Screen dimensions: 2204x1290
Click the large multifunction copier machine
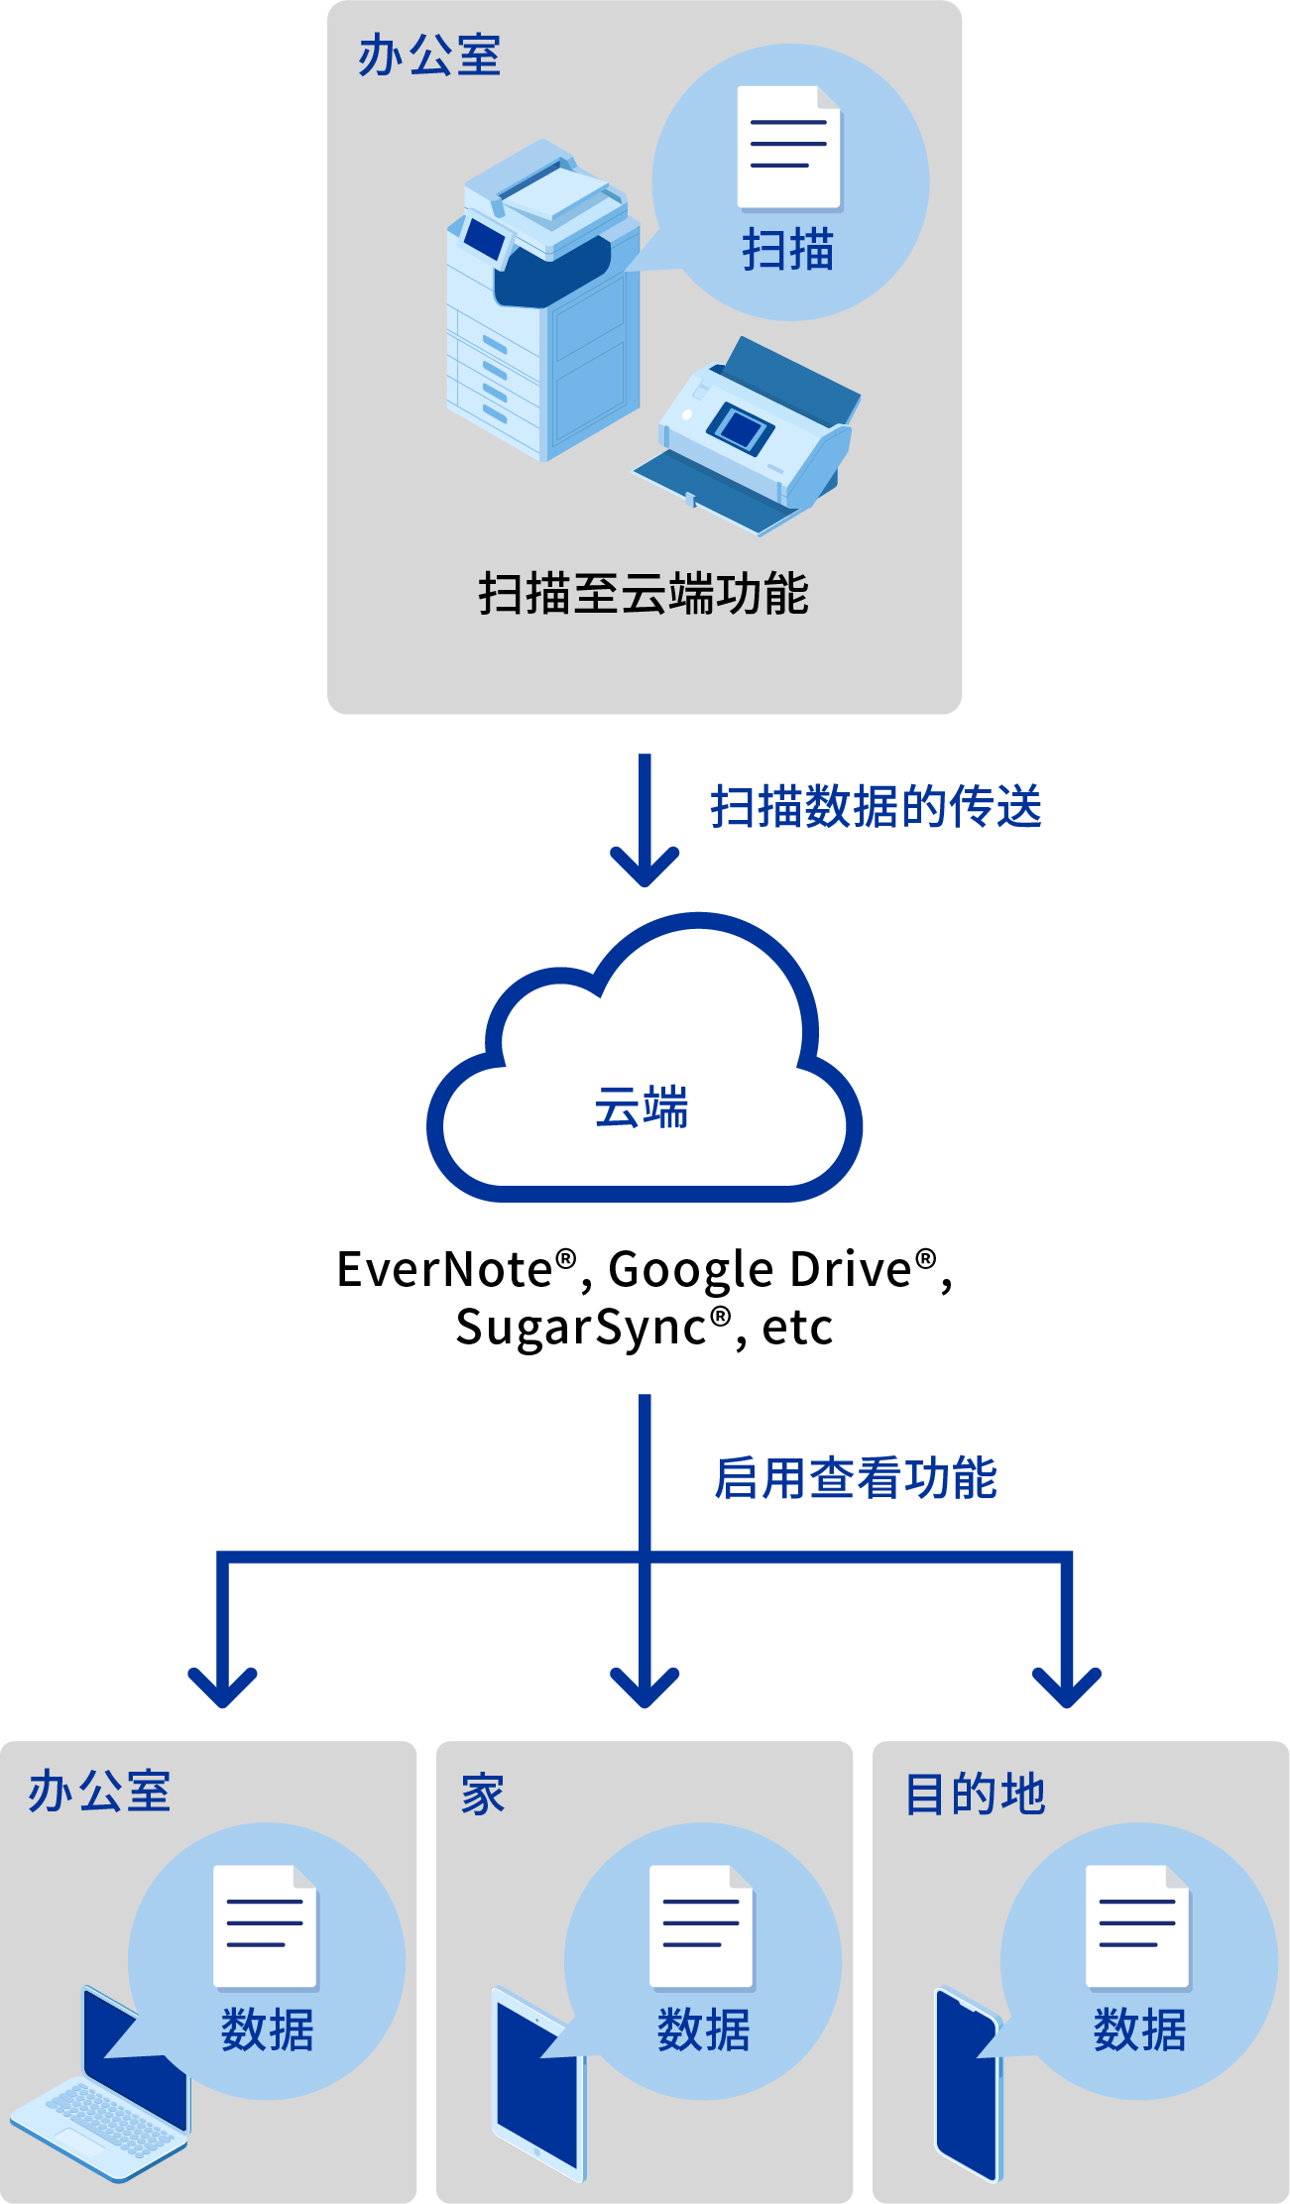click(x=540, y=307)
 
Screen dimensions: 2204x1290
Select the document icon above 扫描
click(x=789, y=148)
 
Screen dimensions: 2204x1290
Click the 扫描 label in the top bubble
click(x=788, y=249)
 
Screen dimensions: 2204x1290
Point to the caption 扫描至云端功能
click(x=644, y=594)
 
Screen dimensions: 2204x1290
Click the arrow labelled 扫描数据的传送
click(x=645, y=823)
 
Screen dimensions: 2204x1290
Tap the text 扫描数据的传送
click(x=877, y=806)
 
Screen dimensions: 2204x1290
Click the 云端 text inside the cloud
click(x=642, y=1107)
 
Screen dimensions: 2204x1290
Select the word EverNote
click(x=444, y=1270)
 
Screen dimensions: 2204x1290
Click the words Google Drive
click(x=760, y=1270)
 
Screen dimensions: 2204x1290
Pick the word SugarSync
click(x=581, y=1328)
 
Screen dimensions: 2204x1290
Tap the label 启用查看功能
click(x=856, y=1478)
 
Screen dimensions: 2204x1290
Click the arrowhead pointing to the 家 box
click(x=645, y=1685)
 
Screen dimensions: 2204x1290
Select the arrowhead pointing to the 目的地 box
click(x=1067, y=1685)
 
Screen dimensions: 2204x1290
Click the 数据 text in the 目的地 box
click(x=1140, y=2030)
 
